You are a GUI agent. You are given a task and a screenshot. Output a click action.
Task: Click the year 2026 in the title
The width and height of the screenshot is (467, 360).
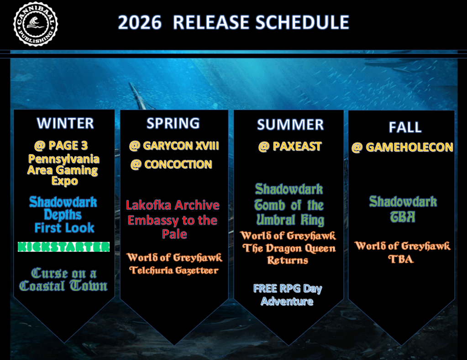point(139,22)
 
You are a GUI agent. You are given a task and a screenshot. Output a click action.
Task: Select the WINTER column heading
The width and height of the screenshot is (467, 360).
point(65,123)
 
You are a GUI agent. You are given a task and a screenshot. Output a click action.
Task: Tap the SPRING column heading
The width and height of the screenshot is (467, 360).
point(173,123)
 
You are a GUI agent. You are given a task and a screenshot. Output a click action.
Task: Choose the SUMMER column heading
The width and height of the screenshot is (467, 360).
point(290,125)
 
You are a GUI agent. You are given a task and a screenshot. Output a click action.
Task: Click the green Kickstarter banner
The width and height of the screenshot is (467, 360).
point(64,247)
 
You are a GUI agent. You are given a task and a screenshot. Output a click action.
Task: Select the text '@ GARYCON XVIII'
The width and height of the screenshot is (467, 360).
point(174,146)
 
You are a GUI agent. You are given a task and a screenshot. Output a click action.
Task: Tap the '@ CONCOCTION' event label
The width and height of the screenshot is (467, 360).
point(171,165)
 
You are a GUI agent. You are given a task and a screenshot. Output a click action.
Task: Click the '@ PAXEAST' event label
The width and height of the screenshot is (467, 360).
point(290,146)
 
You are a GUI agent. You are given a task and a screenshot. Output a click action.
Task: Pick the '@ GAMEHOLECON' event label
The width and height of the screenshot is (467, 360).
point(402,147)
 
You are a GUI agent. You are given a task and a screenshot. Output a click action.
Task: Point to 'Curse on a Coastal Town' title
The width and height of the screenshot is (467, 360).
point(64,280)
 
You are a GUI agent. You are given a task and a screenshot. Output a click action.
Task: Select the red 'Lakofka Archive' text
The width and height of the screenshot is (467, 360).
point(173,205)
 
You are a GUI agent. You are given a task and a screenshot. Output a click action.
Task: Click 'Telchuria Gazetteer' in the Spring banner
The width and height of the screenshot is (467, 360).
point(174,270)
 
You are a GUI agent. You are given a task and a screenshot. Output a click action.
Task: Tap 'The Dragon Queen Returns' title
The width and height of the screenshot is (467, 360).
point(289,254)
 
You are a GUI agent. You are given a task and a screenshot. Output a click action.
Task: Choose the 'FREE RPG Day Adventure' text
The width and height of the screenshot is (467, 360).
point(288,295)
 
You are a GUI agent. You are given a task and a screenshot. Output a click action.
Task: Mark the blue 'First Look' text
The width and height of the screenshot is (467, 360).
point(64,228)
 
